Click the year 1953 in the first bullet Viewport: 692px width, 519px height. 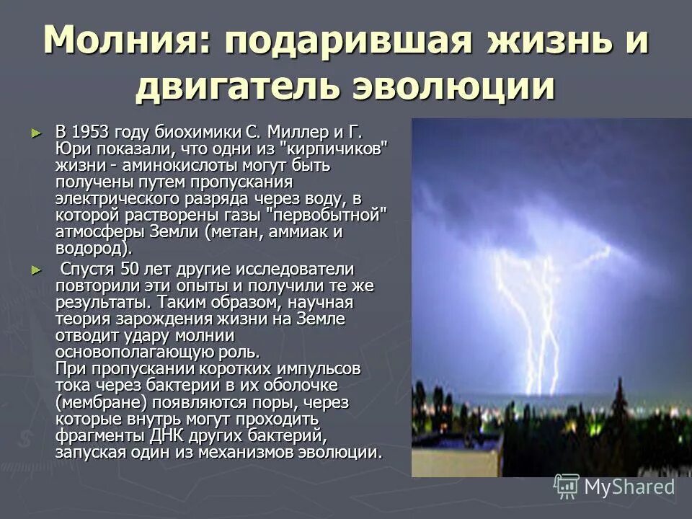pyautogui.click(x=90, y=133)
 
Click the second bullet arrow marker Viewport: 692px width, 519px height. pyautogui.click(x=37, y=270)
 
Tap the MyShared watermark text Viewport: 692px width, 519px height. pyautogui.click(x=629, y=487)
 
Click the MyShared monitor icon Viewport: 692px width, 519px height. pyautogui.click(x=566, y=487)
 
